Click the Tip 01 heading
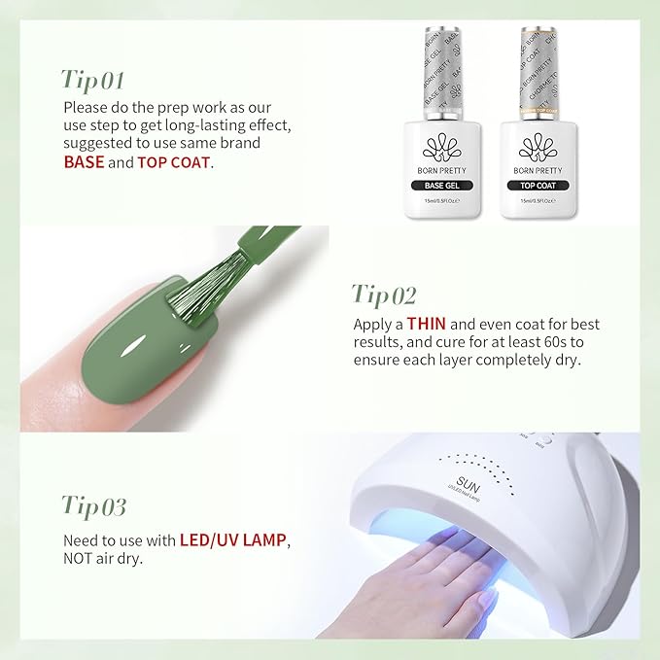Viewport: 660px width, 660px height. (x=93, y=79)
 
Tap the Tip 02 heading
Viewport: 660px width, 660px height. (x=384, y=294)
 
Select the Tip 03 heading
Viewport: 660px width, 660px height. (x=95, y=505)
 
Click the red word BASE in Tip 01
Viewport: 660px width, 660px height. (x=84, y=162)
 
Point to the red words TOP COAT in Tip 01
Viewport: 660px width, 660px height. (x=173, y=162)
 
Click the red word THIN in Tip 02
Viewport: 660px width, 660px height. (x=427, y=324)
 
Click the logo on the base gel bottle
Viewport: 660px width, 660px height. (x=443, y=147)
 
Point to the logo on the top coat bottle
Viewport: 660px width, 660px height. (x=538, y=147)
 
